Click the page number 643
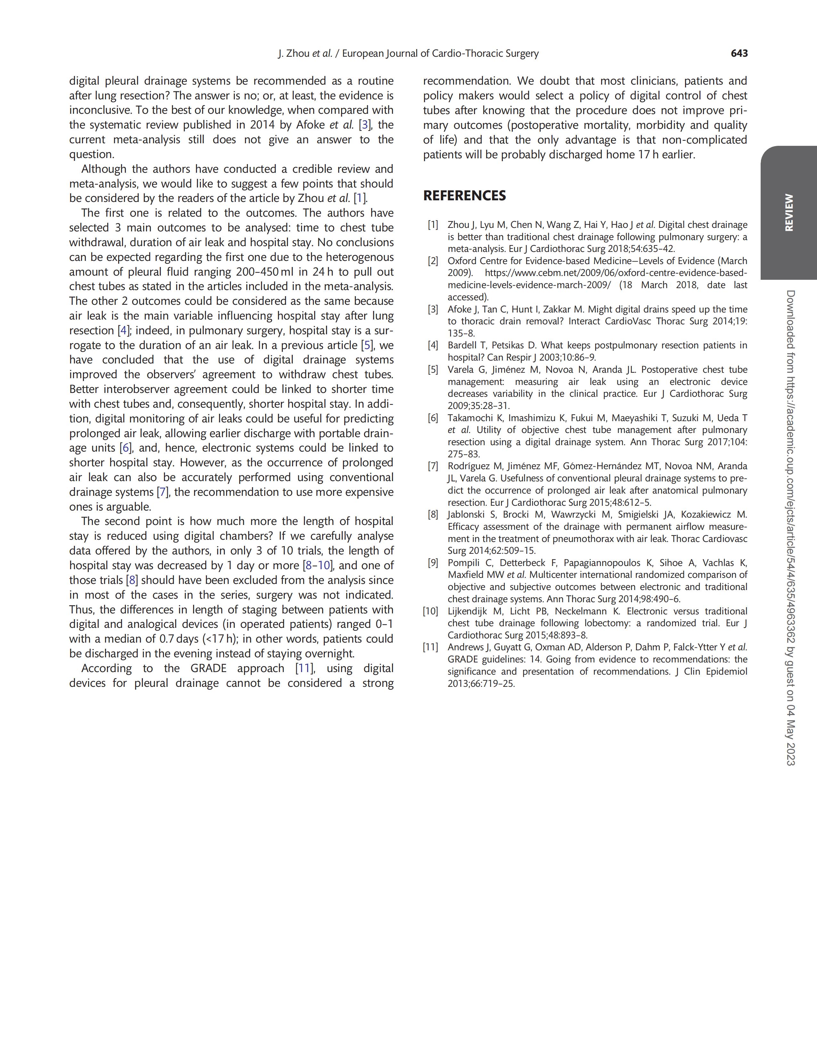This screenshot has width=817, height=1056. pyautogui.click(x=739, y=54)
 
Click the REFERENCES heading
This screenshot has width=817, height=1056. pyautogui.click(x=464, y=196)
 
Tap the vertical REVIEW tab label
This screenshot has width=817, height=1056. pyautogui.click(x=788, y=213)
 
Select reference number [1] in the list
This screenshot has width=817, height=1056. pyautogui.click(x=432, y=225)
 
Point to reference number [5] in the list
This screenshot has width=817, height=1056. pyautogui.click(x=432, y=370)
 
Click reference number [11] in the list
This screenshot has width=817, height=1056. pyautogui.click(x=430, y=647)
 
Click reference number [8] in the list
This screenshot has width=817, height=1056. pyautogui.click(x=432, y=514)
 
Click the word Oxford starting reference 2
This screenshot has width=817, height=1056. pyautogui.click(x=461, y=261)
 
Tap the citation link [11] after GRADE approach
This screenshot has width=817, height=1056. pyautogui.click(x=305, y=669)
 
